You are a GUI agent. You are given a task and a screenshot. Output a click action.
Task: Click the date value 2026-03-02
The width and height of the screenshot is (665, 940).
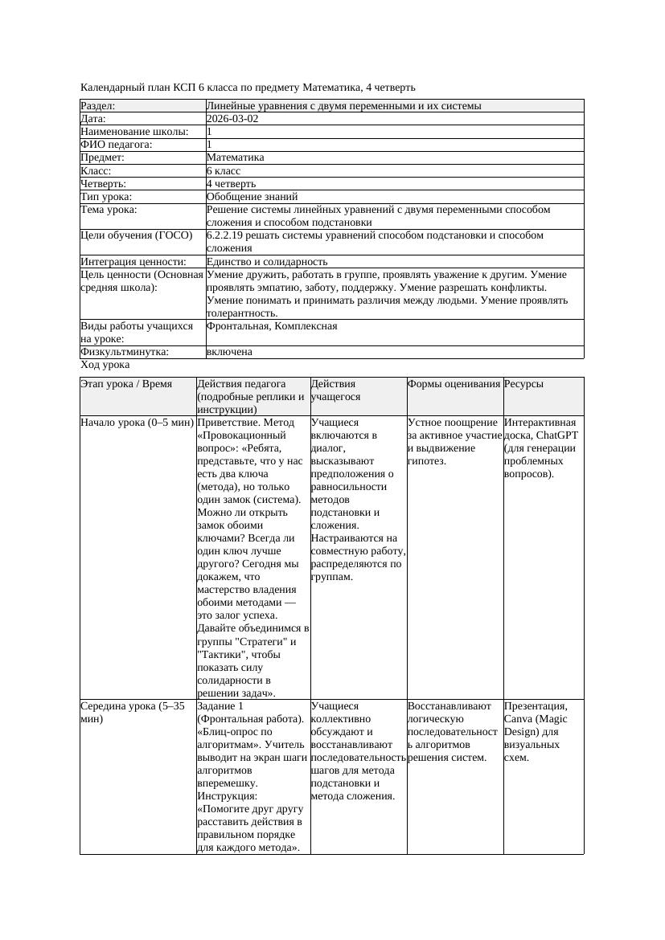point(232,119)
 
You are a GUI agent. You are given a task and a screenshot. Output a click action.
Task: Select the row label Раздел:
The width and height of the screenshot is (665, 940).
point(98,106)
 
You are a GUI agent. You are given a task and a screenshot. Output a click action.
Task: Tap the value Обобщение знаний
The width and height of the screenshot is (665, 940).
point(252,197)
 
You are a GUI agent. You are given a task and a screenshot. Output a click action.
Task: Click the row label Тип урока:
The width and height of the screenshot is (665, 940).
point(106,197)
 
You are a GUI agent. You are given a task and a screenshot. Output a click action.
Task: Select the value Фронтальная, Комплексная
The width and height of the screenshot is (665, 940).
point(272,327)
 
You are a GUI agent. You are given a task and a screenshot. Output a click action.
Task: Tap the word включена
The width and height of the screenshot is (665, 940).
point(229,353)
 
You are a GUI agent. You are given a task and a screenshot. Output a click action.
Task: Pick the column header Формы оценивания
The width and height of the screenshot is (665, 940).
point(454,385)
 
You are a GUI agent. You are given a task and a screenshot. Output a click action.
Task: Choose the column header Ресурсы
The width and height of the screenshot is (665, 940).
point(523,385)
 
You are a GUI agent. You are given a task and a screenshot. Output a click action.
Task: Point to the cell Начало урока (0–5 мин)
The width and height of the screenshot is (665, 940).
point(137,423)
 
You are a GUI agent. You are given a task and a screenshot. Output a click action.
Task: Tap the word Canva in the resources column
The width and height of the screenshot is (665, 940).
point(519,719)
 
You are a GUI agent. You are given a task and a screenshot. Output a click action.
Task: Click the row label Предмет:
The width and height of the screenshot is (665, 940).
point(103,158)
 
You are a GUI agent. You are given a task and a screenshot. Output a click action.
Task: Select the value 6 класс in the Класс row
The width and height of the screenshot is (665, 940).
point(224,171)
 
